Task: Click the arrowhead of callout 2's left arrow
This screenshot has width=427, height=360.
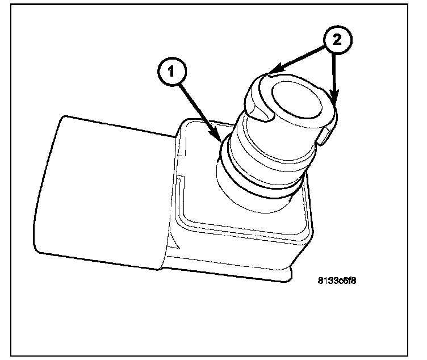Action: [x=271, y=72]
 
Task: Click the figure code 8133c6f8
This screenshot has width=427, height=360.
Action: [x=340, y=279]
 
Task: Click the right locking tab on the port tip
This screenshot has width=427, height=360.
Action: [x=329, y=134]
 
